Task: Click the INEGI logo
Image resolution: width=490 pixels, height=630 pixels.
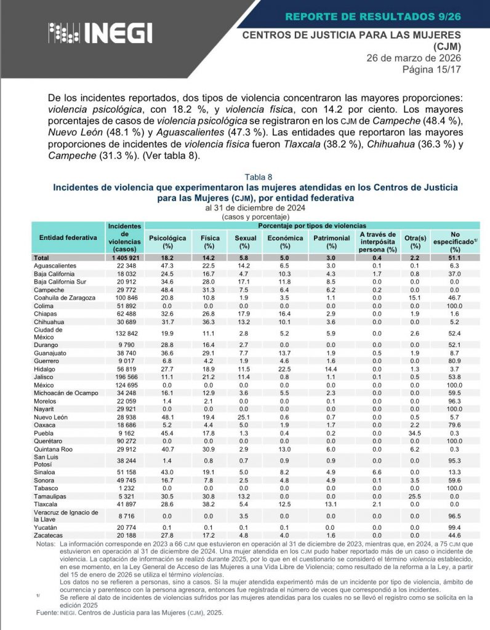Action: click(x=100, y=32)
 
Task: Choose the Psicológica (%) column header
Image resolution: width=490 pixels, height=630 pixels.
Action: click(x=168, y=242)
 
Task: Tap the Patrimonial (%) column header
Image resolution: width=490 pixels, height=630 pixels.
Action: click(x=331, y=242)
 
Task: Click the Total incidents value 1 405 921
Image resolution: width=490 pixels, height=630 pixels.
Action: click(x=125, y=257)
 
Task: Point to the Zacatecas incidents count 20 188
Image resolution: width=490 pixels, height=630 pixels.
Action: click(x=125, y=536)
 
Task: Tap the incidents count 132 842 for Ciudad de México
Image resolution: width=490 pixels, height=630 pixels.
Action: click(x=125, y=333)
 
